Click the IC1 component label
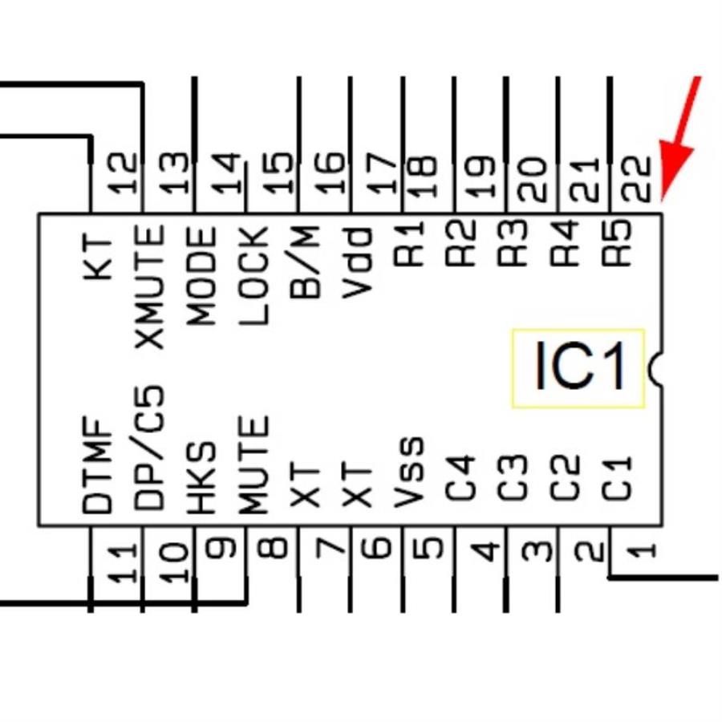pos(578,368)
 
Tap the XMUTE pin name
pos(150,286)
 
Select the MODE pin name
pos(202,277)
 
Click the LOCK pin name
pos(254,277)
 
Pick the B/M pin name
pos(306,262)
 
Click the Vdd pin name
pos(358,262)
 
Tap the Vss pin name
pos(410,473)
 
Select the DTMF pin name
pos(98,466)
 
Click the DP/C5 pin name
pos(150,450)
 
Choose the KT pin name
pos(98,258)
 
